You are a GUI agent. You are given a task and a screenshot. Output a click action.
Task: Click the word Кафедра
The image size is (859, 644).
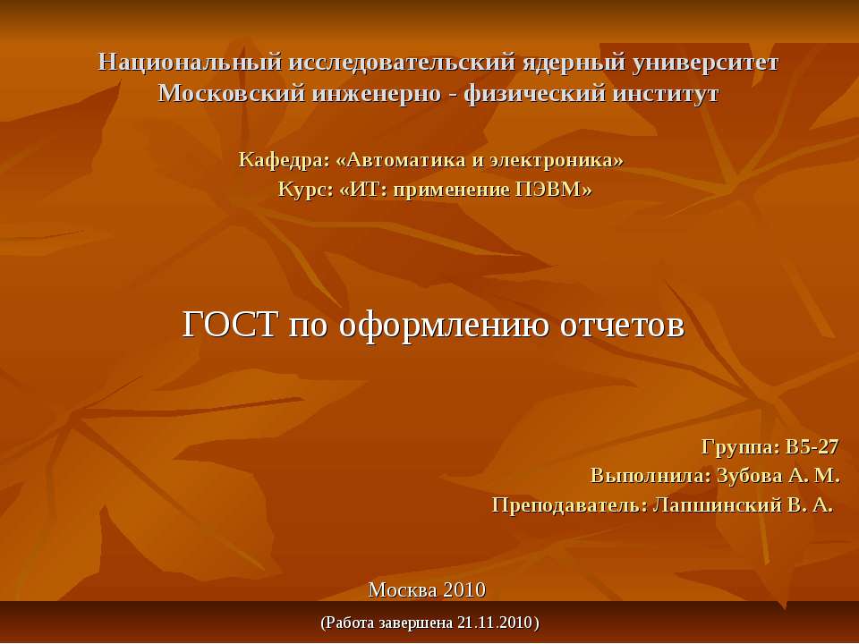(x=282, y=160)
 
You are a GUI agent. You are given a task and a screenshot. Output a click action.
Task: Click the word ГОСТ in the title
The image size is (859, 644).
(x=231, y=325)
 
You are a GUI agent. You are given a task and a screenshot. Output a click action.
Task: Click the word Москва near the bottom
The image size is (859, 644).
(x=400, y=589)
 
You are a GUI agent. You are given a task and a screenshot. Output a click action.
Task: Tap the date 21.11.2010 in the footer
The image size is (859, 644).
(x=494, y=622)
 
